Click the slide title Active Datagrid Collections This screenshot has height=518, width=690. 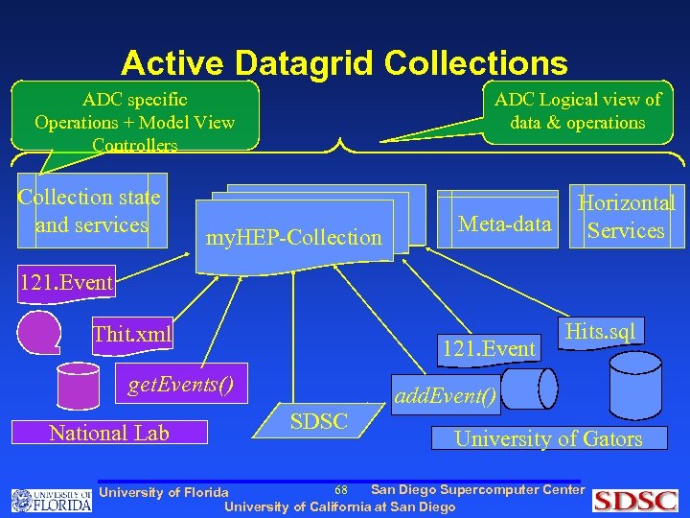tap(344, 63)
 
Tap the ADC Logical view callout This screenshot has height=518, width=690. tap(577, 111)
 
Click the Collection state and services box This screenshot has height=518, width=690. tap(92, 211)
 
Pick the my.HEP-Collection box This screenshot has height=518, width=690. tap(295, 236)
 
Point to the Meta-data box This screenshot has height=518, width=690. tap(505, 224)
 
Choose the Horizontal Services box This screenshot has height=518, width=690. tap(626, 217)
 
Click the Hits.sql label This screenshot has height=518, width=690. tap(600, 332)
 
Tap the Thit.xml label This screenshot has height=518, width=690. tap(132, 335)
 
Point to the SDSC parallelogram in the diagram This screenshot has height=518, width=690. tap(319, 421)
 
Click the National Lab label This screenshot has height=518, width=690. tap(109, 433)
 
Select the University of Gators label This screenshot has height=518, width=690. tap(548, 438)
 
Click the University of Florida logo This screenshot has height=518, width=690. tap(52, 499)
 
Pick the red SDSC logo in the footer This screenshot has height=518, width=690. tap(634, 500)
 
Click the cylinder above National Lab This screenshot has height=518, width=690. tap(78, 386)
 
